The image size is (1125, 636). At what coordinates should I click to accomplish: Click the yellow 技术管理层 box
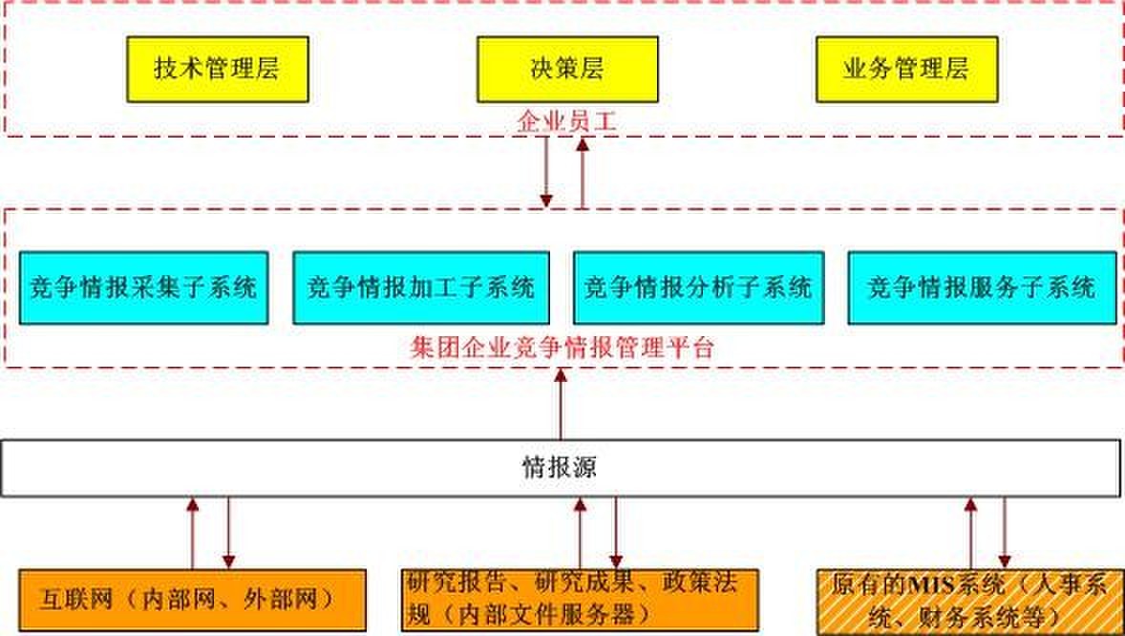218,69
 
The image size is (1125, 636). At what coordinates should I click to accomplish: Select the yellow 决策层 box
566,69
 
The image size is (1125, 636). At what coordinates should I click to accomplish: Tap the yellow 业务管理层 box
905,69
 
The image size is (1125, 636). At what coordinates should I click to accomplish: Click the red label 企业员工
563,121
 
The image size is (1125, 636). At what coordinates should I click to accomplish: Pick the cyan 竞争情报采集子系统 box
143,287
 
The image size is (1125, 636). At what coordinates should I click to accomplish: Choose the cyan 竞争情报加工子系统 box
421,287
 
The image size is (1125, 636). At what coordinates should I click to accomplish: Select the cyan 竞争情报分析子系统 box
698,287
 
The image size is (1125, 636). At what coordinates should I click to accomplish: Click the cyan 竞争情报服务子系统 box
982,287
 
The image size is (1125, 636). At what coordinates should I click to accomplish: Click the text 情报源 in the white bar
561,468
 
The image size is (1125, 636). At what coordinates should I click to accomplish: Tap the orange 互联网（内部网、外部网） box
193,600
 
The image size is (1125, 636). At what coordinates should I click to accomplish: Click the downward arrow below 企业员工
546,172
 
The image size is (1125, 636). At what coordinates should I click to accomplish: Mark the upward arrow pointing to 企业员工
582,172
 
